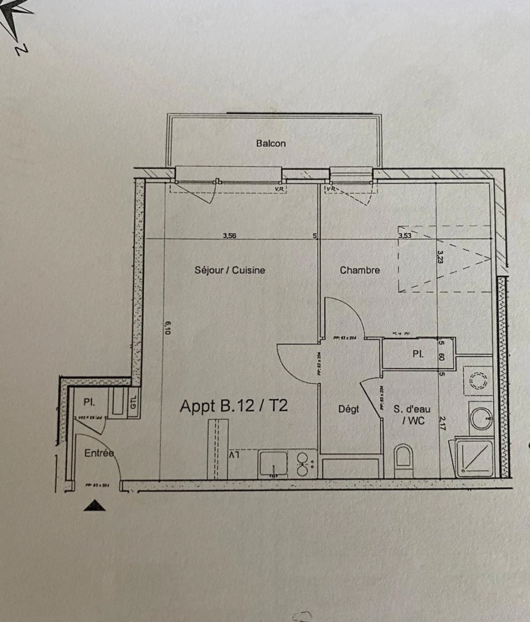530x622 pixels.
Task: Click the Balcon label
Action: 271,143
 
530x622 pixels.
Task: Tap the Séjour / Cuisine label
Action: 230,270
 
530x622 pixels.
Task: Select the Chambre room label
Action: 359,270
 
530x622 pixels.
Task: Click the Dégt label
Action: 349,409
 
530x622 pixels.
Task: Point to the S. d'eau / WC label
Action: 409,415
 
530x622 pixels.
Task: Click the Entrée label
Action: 99,453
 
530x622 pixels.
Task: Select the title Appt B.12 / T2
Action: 233,406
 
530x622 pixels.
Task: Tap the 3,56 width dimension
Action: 230,235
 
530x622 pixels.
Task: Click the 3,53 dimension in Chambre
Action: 406,235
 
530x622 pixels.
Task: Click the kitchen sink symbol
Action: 273,463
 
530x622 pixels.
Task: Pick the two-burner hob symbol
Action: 303,464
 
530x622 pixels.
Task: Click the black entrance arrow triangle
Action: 94,506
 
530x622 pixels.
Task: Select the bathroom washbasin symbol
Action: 480,417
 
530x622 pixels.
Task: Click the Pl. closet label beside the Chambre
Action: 418,355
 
